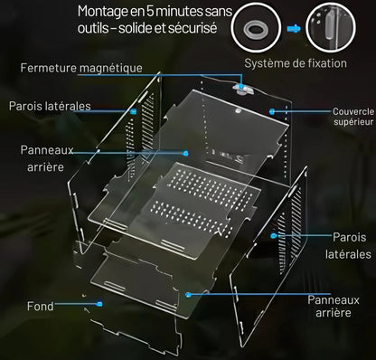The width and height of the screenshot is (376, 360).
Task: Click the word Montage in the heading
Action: tap(102, 12)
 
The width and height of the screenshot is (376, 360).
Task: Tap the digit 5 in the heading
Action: tap(150, 11)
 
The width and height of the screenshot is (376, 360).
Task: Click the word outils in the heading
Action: tap(93, 28)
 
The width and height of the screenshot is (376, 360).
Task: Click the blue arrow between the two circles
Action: tap(294, 29)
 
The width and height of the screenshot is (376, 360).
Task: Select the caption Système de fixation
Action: tap(296, 63)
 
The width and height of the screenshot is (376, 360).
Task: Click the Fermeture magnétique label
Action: tap(81, 68)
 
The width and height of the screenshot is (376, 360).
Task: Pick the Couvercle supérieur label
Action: tap(353, 117)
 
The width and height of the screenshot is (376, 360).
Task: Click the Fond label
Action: tap(41, 307)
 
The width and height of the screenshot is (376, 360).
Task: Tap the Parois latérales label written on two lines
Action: tap(348, 246)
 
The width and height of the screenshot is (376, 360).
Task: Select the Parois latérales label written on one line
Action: tap(50, 106)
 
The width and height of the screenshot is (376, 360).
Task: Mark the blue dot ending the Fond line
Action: tap(99, 304)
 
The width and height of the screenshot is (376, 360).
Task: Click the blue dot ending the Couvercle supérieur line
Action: tap(272, 111)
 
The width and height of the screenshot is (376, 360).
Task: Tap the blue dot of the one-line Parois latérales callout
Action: tap(134, 111)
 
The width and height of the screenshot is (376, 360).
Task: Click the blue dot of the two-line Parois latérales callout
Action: tap(274, 235)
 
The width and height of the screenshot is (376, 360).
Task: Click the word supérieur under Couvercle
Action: tap(353, 122)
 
